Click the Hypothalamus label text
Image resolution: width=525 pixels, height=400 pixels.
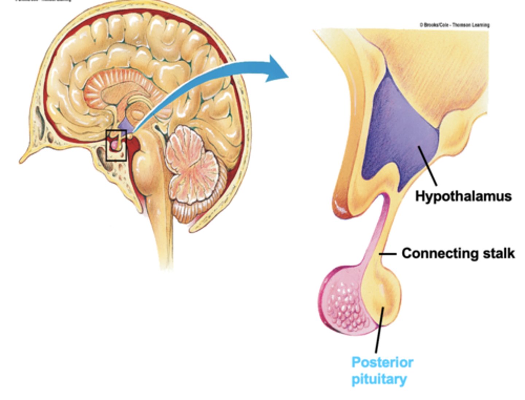click(463, 196)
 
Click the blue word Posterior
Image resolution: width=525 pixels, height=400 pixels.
click(382, 362)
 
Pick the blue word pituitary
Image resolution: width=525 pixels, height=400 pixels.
click(379, 379)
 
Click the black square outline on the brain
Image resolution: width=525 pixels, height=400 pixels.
click(116, 145)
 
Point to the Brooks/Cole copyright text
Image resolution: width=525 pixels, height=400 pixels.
click(454, 25)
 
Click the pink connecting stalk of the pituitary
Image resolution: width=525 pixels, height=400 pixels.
click(376, 233)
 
